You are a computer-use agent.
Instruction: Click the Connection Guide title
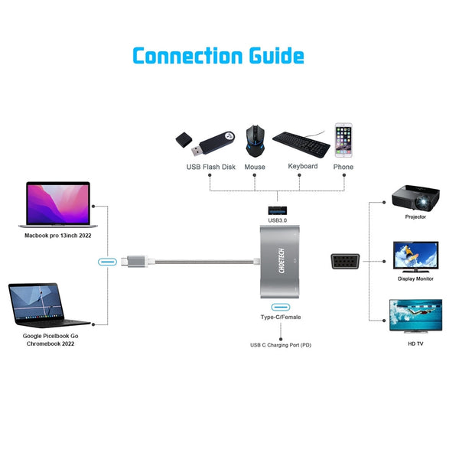point(218,56)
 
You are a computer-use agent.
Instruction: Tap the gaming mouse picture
point(256,141)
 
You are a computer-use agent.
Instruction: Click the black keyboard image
point(301,142)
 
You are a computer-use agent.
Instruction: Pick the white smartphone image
point(343,140)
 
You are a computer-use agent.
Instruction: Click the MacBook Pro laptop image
point(57,204)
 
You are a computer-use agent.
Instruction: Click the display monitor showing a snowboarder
point(415,257)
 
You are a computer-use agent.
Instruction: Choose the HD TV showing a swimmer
point(415,317)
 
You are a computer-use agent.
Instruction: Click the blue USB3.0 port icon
point(278,210)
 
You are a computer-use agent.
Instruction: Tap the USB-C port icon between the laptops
point(108,262)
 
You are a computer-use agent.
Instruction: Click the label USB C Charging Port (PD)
point(281,345)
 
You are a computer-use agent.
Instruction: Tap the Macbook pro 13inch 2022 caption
point(57,236)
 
